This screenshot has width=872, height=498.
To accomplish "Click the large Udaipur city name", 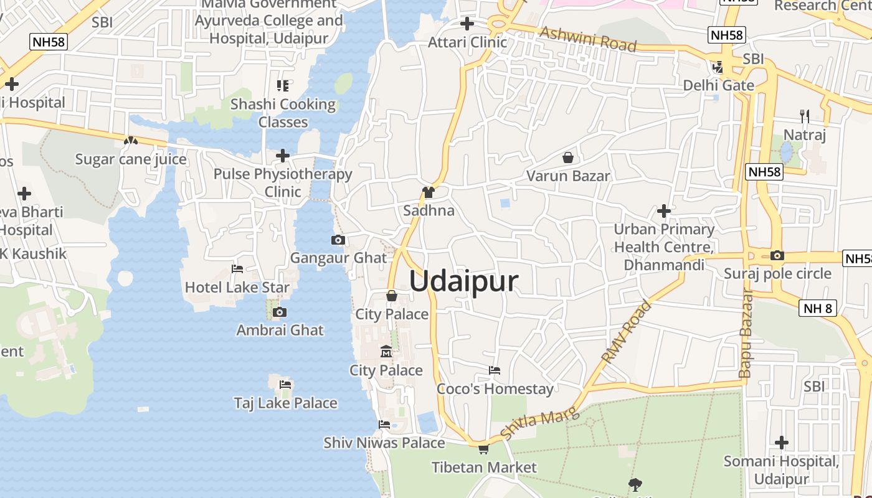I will pyautogui.click(x=463, y=281).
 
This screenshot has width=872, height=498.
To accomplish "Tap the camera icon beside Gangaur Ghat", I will pyautogui.click(x=338, y=240).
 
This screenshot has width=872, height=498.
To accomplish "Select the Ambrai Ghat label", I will pyautogui.click(x=280, y=330).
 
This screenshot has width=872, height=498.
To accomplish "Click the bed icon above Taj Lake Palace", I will pyautogui.click(x=285, y=384).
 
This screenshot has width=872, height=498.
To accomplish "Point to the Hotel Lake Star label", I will pyautogui.click(x=237, y=288).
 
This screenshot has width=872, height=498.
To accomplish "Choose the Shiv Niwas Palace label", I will pyautogui.click(x=384, y=443).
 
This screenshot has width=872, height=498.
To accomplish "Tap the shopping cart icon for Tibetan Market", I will pyautogui.click(x=483, y=448).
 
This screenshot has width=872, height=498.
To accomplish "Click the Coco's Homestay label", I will pyautogui.click(x=495, y=389).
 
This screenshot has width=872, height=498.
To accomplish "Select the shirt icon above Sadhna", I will pyautogui.click(x=428, y=192).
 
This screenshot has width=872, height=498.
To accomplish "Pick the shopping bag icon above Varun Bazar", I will pyautogui.click(x=567, y=157).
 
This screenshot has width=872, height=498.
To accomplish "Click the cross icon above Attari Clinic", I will pyautogui.click(x=467, y=24).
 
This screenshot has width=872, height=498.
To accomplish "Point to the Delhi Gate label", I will pyautogui.click(x=719, y=85).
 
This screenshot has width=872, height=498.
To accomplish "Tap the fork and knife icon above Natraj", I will pyautogui.click(x=805, y=116).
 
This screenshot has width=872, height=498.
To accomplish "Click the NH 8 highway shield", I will pyautogui.click(x=818, y=308).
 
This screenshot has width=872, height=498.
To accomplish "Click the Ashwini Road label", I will pyautogui.click(x=588, y=39).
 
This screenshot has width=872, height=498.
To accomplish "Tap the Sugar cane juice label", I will pyautogui.click(x=131, y=159).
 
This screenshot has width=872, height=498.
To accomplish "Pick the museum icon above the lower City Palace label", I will pyautogui.click(x=386, y=352).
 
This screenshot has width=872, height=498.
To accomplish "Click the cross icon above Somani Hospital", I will pyautogui.click(x=782, y=443).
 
